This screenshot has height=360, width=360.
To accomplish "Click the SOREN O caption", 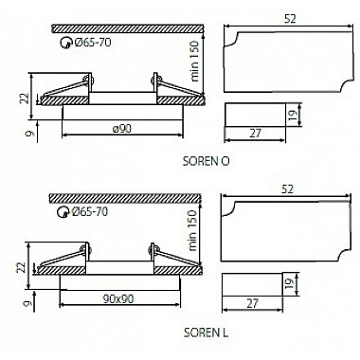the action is click(207, 161).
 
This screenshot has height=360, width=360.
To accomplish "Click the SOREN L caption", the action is click(207, 333).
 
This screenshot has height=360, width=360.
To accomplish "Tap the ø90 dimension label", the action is click(122, 129).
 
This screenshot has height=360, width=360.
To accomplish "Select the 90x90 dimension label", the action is click(118, 298).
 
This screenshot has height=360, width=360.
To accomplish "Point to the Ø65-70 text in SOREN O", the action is click(93, 42).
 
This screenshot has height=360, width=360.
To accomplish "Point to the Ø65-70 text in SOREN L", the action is click(90, 211).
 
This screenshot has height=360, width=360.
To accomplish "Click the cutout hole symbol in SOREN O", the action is click(65, 43).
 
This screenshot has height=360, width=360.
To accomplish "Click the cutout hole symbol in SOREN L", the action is click(63, 212).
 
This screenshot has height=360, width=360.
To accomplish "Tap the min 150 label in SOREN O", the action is click(195, 62).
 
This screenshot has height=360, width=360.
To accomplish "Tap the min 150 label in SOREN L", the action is click(192, 230).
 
